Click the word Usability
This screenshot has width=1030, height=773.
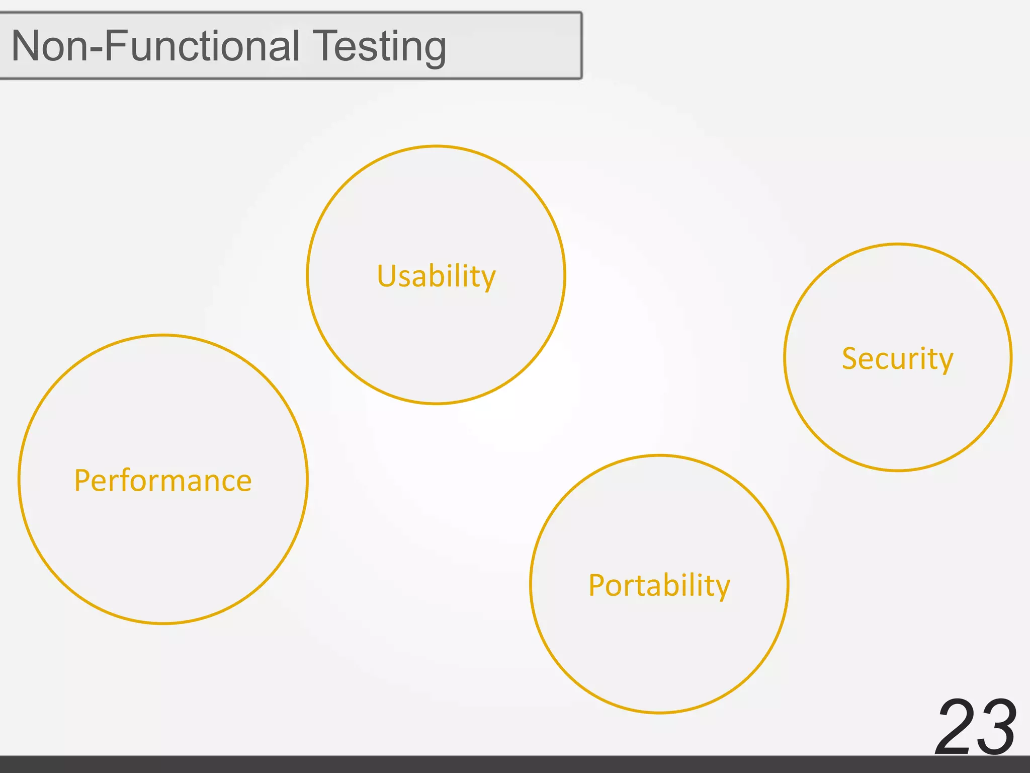pos(436,276)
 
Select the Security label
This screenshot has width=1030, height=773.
pos(897,358)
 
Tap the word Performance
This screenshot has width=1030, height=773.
pos(162,480)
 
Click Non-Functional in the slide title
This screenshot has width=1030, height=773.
pos(155,46)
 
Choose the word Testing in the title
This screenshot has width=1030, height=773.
pos(379,47)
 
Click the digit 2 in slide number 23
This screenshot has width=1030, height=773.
pos(955,727)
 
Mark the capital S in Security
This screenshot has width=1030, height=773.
pos(850,358)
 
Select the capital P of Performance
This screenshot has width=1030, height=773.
pos(82,480)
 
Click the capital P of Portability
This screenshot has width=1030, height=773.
pos(596,585)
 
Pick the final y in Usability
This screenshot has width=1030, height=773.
pos(488,280)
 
